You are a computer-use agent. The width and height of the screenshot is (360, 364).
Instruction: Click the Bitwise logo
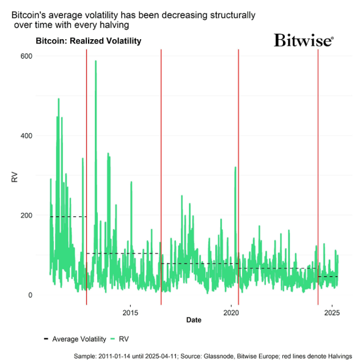303,41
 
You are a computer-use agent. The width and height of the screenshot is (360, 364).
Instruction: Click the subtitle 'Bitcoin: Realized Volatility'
89,42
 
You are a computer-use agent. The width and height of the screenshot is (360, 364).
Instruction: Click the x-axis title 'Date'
194,320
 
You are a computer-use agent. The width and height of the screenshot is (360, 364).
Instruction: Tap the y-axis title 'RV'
14,178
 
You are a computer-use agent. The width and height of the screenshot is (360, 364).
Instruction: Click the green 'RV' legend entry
119,338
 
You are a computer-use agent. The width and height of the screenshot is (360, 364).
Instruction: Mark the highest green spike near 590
95,61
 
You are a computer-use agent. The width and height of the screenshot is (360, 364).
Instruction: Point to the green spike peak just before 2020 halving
235,167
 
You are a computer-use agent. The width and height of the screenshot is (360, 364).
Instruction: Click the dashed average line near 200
67,217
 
